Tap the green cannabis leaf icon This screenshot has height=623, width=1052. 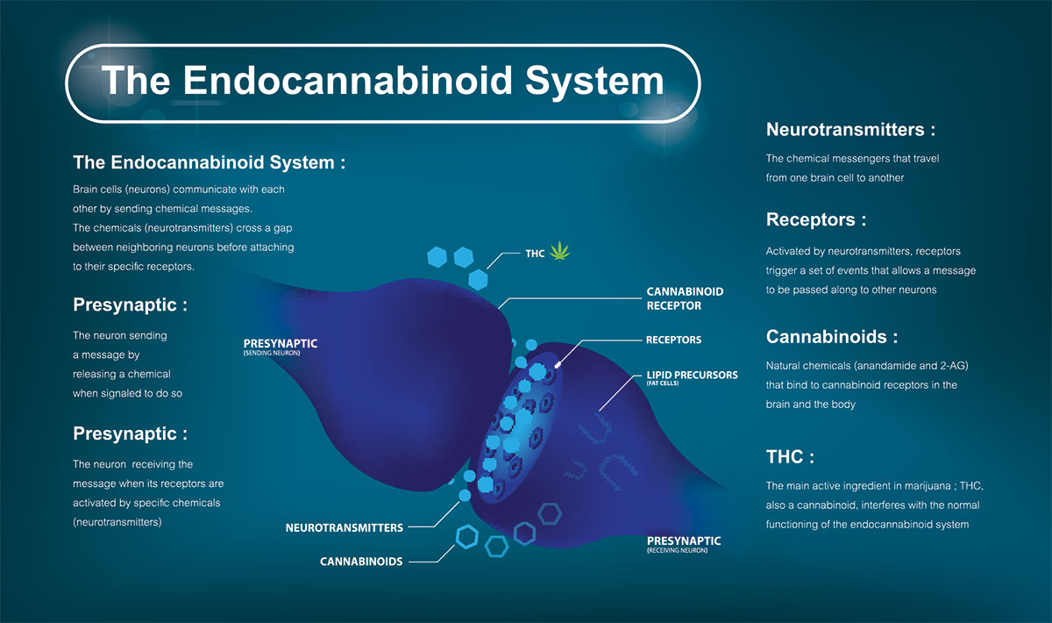558,253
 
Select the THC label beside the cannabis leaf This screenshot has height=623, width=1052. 535,254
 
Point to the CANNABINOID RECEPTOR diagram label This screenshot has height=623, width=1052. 685,298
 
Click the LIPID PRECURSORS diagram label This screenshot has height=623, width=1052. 692,375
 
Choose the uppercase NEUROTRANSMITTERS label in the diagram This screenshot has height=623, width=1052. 345,528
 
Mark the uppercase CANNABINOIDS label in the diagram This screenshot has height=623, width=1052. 361,562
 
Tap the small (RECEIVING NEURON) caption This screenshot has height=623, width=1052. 678,550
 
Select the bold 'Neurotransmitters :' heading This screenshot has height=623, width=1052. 850,130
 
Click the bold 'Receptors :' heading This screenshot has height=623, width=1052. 816,219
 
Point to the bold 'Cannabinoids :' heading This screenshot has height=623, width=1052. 832,337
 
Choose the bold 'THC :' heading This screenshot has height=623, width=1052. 790,457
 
